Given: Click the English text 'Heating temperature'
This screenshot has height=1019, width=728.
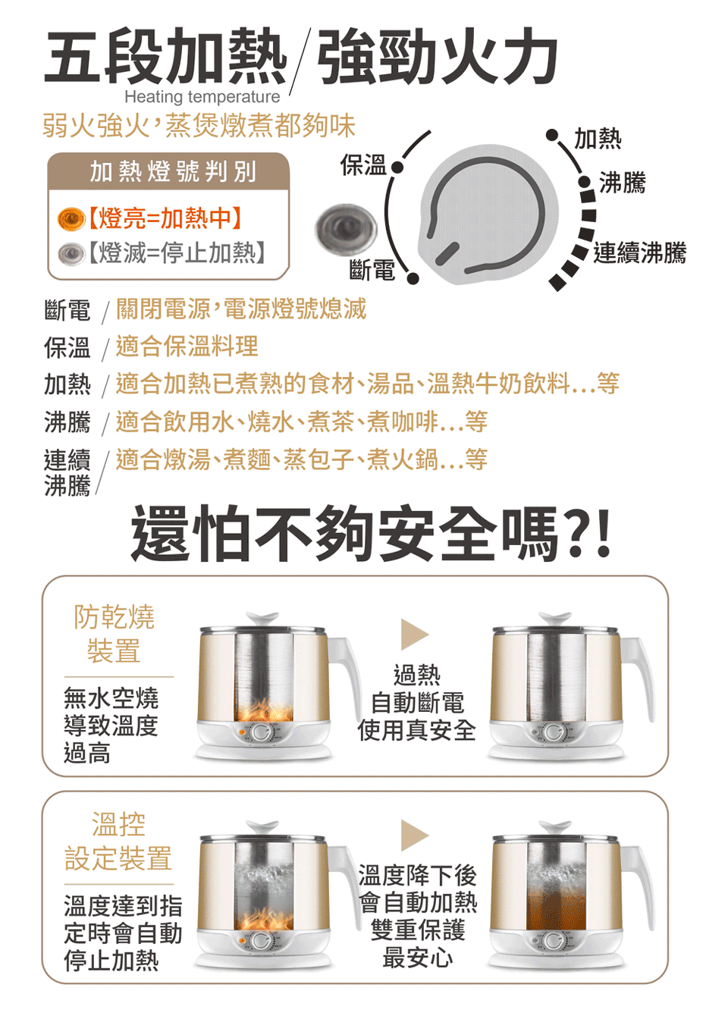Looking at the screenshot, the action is click(202, 97).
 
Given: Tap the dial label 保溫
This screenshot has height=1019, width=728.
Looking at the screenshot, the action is click(363, 165).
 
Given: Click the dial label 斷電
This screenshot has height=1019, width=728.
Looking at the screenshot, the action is click(372, 270).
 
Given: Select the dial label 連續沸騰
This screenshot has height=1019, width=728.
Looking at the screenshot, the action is click(640, 252).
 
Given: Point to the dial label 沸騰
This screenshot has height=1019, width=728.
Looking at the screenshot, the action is click(623, 183).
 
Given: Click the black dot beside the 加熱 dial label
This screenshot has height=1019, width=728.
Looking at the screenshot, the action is click(552, 135).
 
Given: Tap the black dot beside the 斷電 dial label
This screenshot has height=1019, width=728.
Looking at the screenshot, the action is click(413, 278).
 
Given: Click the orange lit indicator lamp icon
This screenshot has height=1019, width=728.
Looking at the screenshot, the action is click(71, 218).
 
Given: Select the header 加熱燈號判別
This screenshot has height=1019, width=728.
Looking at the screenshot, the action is click(173, 171).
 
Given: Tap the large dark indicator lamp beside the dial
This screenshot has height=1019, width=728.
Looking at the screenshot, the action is click(347, 227).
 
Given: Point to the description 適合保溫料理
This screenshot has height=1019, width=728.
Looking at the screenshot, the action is click(187, 346).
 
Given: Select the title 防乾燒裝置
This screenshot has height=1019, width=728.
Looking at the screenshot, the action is click(114, 634).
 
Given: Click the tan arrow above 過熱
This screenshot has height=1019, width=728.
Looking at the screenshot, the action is click(415, 634).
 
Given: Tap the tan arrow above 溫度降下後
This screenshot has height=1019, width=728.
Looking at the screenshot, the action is click(415, 836).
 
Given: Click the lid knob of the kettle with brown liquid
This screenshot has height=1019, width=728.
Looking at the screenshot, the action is click(554, 826).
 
